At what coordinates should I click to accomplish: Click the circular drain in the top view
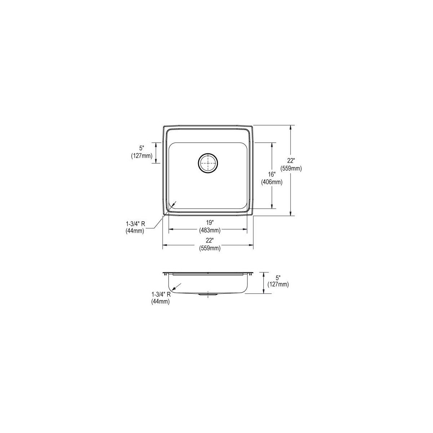(208, 163)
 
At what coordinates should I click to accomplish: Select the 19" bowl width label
(209, 223)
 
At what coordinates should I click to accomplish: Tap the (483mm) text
(210, 230)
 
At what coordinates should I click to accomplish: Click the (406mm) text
(272, 182)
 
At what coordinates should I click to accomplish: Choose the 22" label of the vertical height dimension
(291, 161)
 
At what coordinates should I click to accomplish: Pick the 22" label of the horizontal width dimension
(209, 241)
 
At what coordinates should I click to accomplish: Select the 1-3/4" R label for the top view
(135, 224)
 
